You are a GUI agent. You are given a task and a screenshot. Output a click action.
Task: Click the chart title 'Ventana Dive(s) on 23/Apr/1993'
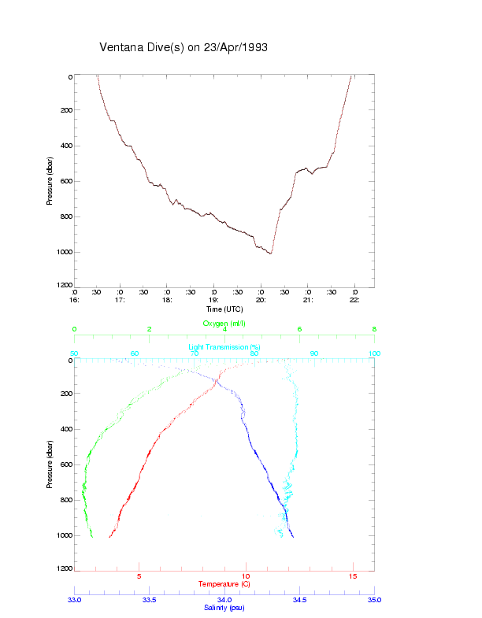(x=184, y=47)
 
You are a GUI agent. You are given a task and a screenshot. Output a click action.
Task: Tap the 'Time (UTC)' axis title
(x=224, y=309)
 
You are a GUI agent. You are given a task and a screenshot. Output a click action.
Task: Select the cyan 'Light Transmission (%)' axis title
(x=224, y=347)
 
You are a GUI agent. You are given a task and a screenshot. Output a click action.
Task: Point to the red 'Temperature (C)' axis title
(x=224, y=584)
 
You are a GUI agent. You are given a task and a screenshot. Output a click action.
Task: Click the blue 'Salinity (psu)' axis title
(x=224, y=608)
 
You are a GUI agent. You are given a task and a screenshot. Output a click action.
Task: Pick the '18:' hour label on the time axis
(x=167, y=300)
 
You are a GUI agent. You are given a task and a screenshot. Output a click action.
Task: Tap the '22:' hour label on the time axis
(x=355, y=300)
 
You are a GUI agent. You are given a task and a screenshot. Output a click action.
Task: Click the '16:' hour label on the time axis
(x=73, y=300)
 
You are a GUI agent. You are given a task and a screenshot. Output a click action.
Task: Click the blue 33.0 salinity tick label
(x=74, y=600)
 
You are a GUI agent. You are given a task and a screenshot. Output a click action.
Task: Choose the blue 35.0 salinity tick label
(x=375, y=600)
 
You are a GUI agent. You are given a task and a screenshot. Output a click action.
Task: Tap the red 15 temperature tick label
(x=353, y=576)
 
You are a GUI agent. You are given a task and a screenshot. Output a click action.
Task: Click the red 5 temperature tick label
(x=139, y=576)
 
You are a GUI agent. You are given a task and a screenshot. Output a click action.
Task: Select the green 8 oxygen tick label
(x=374, y=330)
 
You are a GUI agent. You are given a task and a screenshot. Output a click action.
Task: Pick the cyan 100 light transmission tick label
(x=375, y=353)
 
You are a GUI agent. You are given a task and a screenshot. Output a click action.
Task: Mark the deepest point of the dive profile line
(x=270, y=253)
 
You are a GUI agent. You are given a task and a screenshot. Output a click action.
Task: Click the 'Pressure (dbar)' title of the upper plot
(x=50, y=181)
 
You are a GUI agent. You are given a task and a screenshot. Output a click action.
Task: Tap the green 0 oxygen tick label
(x=74, y=330)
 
